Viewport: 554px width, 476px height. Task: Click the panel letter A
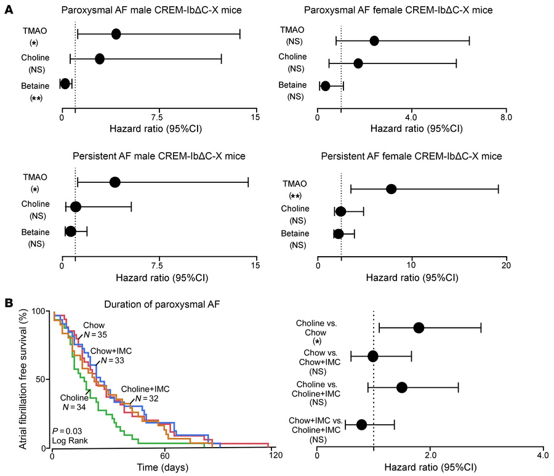(x=9, y=9)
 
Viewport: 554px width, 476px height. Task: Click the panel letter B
(x=9, y=303)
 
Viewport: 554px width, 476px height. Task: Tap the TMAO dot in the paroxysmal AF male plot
(x=116, y=34)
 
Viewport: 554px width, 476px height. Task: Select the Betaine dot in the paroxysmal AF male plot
(x=65, y=84)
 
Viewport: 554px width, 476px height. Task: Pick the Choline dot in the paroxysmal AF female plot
(x=358, y=63)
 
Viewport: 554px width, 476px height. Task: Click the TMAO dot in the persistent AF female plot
(x=391, y=189)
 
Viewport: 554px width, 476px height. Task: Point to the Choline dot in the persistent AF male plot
(x=76, y=207)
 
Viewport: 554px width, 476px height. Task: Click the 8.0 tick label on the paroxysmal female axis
(x=507, y=118)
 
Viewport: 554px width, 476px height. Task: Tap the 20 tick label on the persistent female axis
(x=507, y=266)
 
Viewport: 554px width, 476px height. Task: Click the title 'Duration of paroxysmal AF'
(x=162, y=304)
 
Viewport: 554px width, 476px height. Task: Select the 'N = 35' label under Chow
(x=95, y=334)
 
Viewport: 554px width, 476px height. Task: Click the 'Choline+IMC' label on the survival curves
(x=145, y=389)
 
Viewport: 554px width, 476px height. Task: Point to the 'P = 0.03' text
(x=67, y=431)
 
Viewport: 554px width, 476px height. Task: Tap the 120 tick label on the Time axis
(x=275, y=455)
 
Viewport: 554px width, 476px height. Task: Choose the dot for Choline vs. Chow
(x=419, y=328)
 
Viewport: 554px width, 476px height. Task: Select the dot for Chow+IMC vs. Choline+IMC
(x=361, y=425)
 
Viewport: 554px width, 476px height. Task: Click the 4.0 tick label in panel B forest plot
(x=543, y=455)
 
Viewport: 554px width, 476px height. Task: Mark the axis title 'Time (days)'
(x=163, y=467)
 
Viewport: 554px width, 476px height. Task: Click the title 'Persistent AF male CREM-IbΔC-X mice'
(x=159, y=156)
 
